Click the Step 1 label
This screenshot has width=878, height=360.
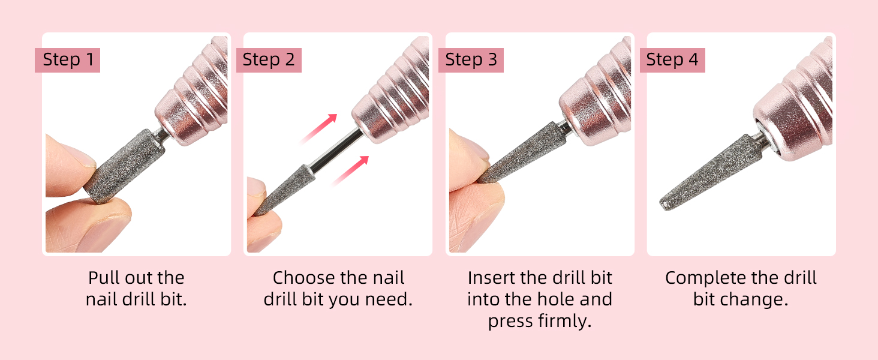click(x=67, y=60)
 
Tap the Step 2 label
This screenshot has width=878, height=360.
click(x=269, y=60)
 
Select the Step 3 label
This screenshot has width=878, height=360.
click(x=471, y=60)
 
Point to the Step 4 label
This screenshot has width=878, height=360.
click(x=672, y=60)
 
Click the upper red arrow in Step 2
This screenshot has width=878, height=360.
click(x=319, y=128)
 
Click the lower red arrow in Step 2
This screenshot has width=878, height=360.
click(x=350, y=170)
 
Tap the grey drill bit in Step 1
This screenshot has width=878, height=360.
click(x=124, y=166)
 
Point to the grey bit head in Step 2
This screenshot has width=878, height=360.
click(x=284, y=191)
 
